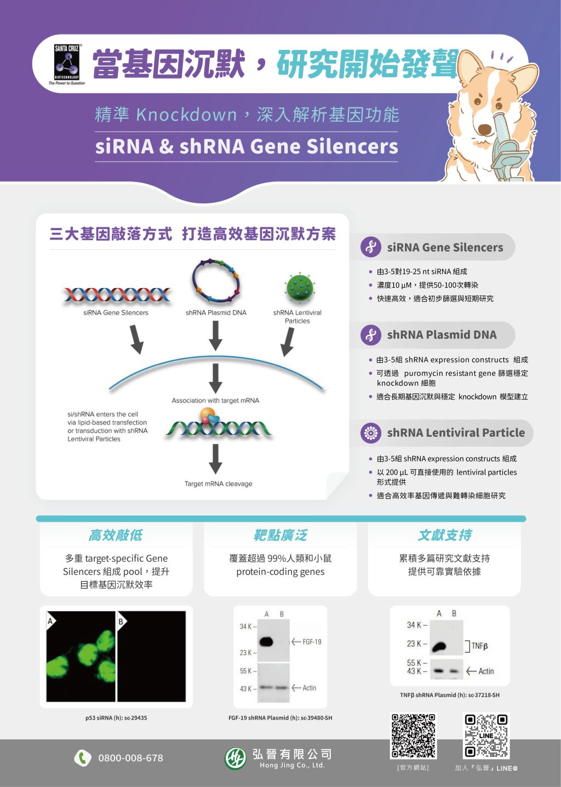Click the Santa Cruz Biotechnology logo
click(67, 64)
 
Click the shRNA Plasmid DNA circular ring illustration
click(216, 281)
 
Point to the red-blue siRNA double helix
click(117, 295)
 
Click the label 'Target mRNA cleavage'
click(219, 484)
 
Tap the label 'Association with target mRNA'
click(215, 401)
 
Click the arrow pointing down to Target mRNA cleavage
click(215, 459)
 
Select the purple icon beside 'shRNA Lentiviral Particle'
click(370, 432)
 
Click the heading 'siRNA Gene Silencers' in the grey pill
click(445, 247)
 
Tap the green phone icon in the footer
click(83, 758)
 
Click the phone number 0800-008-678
click(131, 758)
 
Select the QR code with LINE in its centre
click(486, 735)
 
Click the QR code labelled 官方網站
click(414, 735)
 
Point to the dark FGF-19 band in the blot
click(266, 642)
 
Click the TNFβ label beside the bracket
click(479, 646)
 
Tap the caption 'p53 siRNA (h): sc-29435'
click(116, 718)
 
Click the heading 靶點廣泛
click(280, 535)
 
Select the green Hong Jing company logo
click(236, 758)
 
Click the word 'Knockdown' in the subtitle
click(186, 115)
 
